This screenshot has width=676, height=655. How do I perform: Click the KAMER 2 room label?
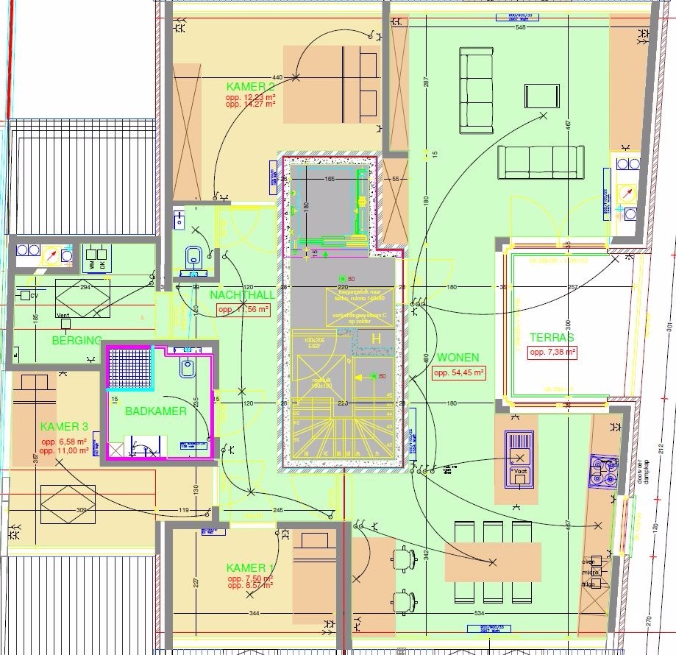[249, 87]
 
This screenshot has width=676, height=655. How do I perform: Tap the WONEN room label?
[458, 358]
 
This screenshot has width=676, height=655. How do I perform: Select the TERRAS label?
[551, 338]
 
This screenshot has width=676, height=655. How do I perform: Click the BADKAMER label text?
[155, 411]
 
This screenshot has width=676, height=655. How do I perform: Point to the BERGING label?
[77, 341]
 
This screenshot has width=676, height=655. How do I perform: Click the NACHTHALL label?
[242, 295]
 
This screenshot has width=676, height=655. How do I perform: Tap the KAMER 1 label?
[246, 568]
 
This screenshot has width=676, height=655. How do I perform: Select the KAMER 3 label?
[64, 427]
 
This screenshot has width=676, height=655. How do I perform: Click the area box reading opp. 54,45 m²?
[458, 373]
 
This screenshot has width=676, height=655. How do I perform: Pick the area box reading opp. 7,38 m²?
[552, 353]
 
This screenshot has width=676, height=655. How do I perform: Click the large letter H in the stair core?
[376, 339]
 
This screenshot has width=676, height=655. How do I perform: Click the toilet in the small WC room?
[194, 257]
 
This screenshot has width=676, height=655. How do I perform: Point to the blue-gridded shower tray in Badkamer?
[129, 368]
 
